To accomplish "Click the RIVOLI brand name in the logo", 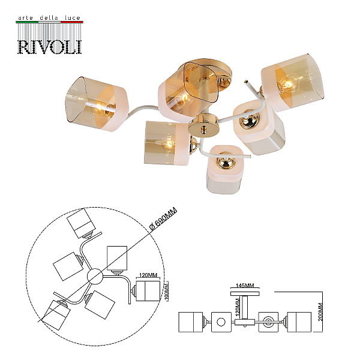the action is coord(49,47).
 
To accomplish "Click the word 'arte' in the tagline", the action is coord(25,18).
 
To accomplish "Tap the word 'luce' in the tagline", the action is coord(73,17).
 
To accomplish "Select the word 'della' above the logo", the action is coord(49,17).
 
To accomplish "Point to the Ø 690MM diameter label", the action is coord(163,218).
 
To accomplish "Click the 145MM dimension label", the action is coord(245,286).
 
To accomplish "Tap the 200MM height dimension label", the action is coord(321,311).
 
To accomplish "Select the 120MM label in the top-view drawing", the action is coord(148,275).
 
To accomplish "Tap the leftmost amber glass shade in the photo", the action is coord(97,104).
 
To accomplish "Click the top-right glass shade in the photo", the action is coord(293,83).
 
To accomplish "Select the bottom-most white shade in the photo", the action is coord(225,169).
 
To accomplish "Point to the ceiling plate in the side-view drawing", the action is coord(245,293).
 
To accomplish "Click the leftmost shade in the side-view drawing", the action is coord(191,322).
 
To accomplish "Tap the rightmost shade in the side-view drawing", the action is coord(299,322).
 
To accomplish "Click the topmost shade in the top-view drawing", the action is coord(81,223).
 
